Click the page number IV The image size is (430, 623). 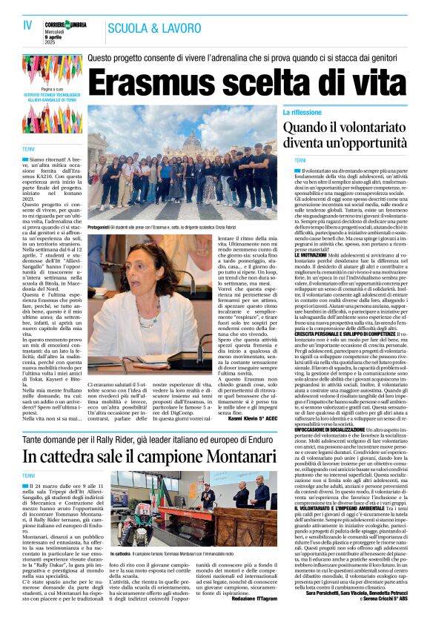(x=27, y=25)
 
